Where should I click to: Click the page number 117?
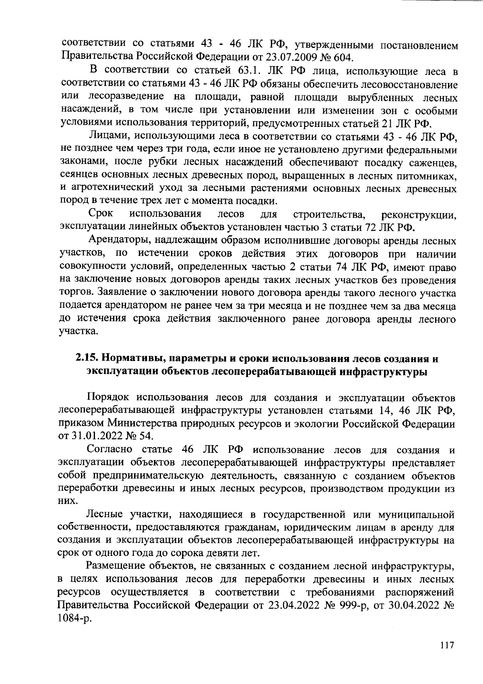[447, 645]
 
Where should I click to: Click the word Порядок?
[108, 398]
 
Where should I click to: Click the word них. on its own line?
[67, 502]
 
